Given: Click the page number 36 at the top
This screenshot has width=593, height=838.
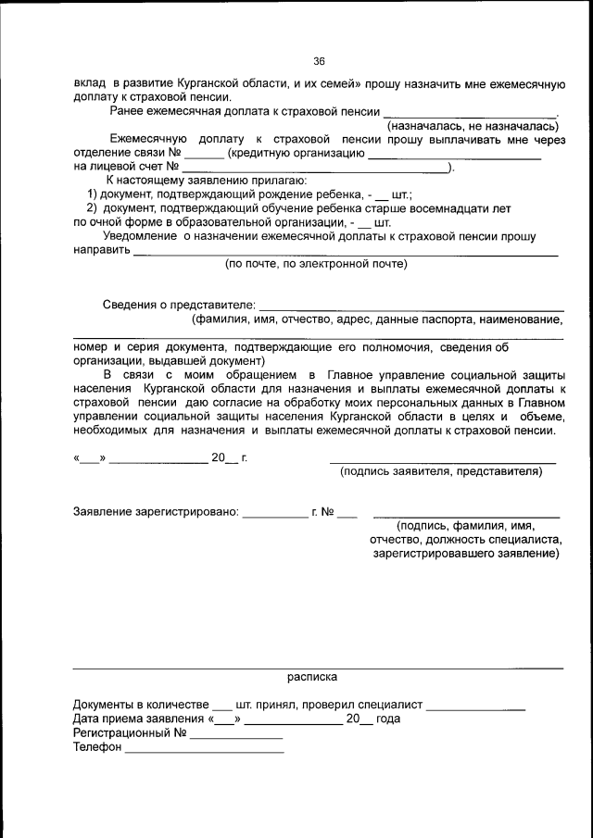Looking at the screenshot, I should pos(319,61).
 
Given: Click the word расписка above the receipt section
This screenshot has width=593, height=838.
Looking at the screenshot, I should pos(312,677).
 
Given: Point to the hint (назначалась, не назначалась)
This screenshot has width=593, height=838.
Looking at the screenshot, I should pos(473,125).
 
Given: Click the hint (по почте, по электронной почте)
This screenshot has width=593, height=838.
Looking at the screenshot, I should pos(316,264).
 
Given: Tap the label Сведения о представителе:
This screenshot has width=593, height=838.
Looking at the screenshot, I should pos(178,305).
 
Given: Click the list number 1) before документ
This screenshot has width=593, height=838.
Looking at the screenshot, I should pos(93,195).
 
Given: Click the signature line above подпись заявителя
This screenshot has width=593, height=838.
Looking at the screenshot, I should pos(442,461).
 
